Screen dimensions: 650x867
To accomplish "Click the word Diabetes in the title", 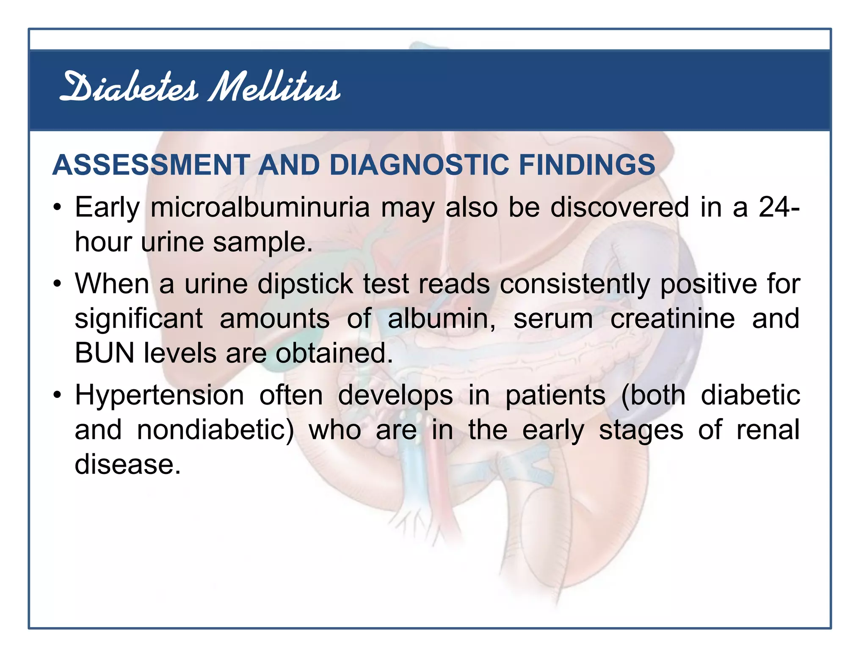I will (x=128, y=88).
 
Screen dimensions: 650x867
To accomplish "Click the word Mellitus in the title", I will (x=274, y=88).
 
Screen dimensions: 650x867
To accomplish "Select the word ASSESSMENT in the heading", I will (x=151, y=165).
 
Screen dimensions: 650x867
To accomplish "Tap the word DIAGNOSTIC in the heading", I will (x=419, y=165).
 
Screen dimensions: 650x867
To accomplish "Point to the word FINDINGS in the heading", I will (x=587, y=165).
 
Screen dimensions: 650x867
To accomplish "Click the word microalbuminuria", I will (x=260, y=207).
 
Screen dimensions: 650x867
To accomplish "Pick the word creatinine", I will (x=672, y=318).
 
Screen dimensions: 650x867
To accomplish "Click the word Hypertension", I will (x=159, y=396).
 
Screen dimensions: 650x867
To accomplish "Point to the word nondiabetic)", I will (x=215, y=430).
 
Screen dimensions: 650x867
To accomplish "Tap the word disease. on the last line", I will (x=127, y=465).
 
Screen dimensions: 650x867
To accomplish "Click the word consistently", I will (x=574, y=284).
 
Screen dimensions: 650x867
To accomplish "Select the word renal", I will (x=768, y=430).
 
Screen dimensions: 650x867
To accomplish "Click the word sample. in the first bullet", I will (x=262, y=242).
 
